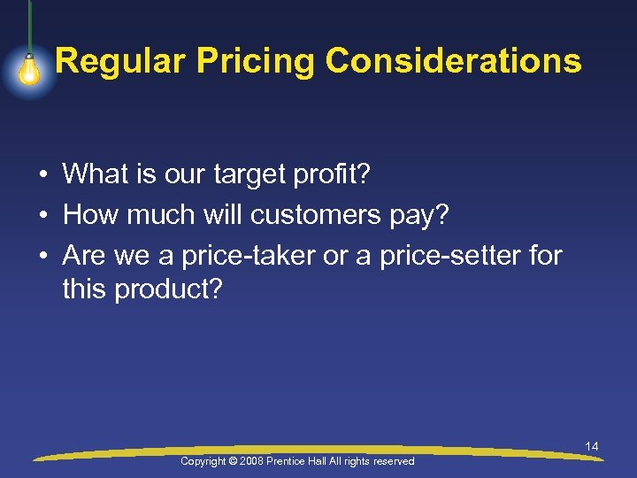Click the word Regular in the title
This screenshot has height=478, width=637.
point(119,62)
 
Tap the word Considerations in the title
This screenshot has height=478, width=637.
point(454,62)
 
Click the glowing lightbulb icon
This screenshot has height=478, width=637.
point(30,70)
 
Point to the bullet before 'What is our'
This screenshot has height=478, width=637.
point(42,175)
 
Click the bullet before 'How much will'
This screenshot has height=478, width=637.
point(42,215)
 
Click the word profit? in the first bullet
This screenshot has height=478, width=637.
point(333,174)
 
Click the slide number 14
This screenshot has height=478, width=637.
point(592,447)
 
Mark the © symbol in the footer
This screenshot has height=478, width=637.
point(234,461)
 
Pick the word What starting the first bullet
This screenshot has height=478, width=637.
point(96,174)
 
